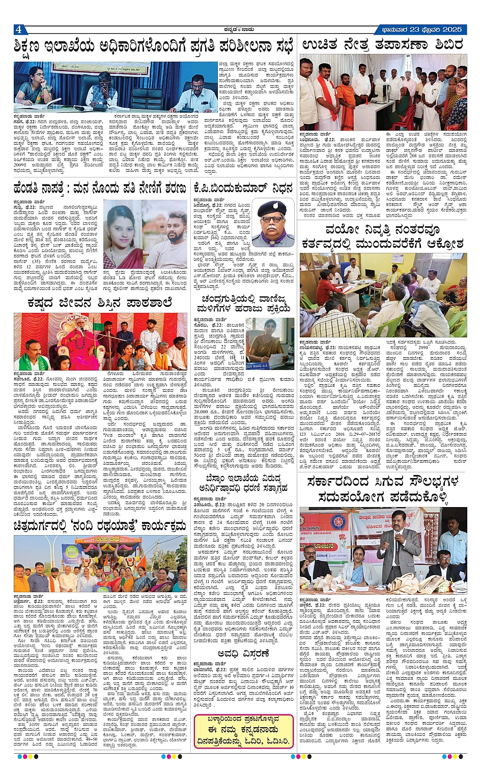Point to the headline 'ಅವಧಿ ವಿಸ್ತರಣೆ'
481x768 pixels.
click(243, 654)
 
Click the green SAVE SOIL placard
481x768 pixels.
click(71, 551)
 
